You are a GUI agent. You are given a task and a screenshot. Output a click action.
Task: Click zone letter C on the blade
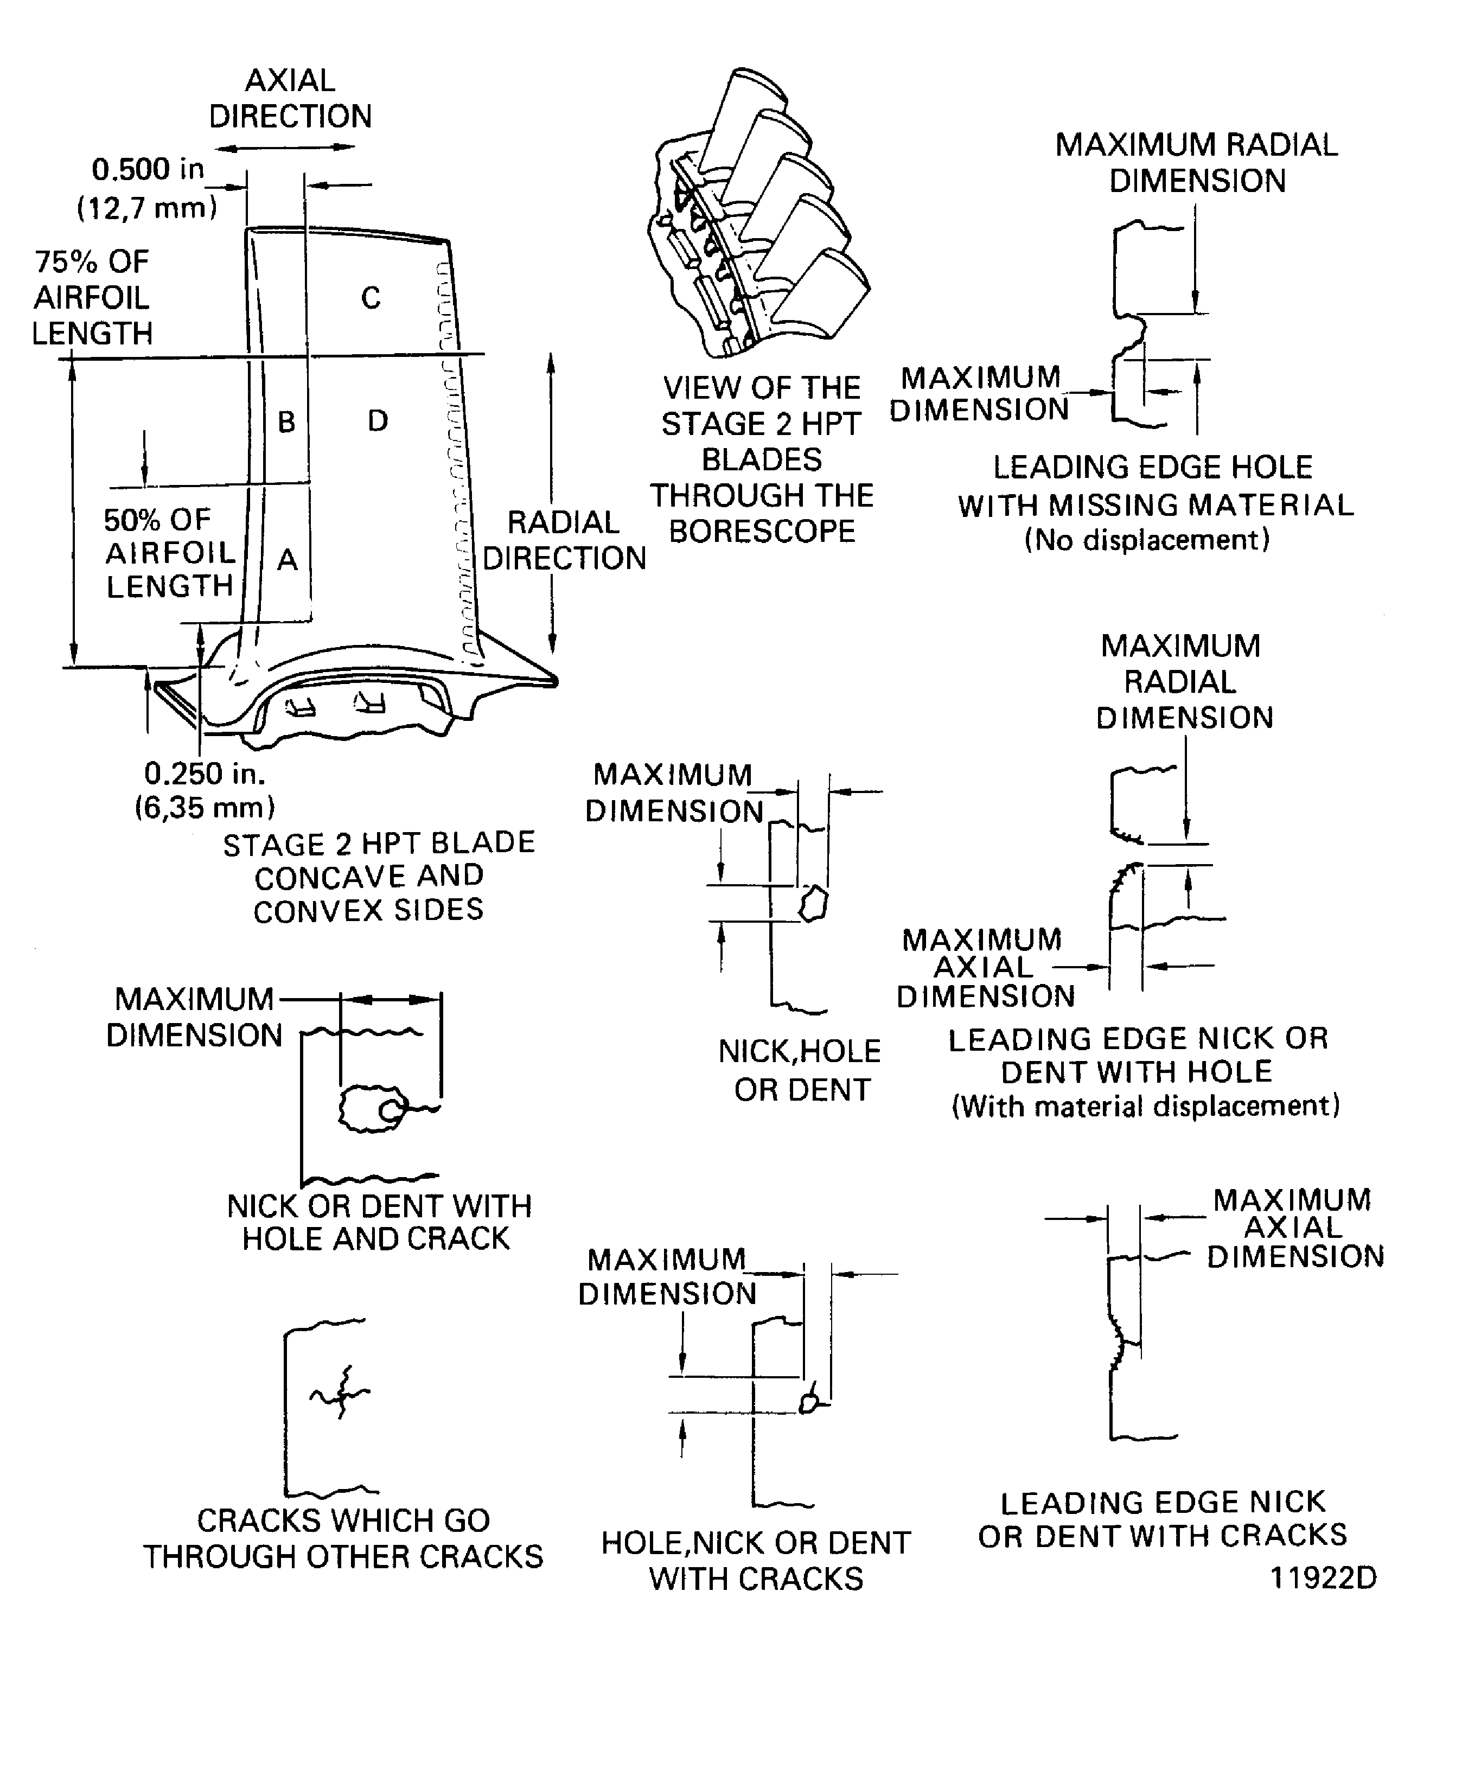[x=371, y=297]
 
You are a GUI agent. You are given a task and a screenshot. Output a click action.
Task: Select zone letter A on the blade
[x=288, y=560]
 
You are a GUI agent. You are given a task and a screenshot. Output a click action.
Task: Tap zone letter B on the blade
[x=286, y=421]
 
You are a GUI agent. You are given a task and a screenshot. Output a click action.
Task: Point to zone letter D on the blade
[x=378, y=420]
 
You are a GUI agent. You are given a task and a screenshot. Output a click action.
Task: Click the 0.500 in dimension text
[x=148, y=169]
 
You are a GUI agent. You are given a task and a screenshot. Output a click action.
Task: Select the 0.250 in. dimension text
[x=205, y=773]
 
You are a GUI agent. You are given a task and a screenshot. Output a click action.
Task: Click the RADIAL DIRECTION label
[x=564, y=540]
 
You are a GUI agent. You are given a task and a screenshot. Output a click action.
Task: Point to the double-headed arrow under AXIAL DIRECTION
[x=285, y=146]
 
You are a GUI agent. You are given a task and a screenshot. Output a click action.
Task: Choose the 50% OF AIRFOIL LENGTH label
[x=169, y=553]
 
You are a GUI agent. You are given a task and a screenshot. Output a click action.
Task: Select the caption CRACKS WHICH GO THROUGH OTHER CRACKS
[x=343, y=1538]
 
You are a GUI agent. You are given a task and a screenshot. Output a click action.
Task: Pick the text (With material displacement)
[x=1146, y=1106]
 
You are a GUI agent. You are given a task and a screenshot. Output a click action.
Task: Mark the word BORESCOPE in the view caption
[x=762, y=531]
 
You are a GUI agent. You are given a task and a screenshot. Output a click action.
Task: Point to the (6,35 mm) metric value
[x=205, y=808]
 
